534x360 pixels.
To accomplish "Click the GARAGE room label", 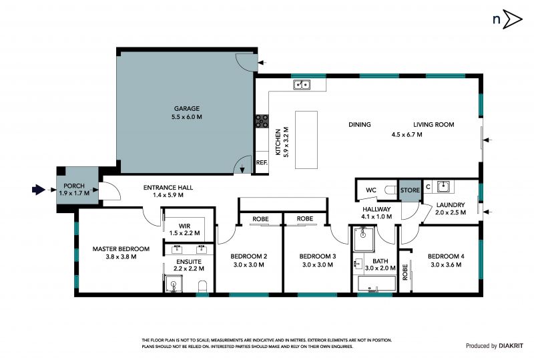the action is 187,109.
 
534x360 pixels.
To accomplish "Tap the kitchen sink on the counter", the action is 302,85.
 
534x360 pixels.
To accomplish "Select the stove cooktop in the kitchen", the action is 262,121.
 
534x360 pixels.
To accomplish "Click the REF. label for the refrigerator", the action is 262,162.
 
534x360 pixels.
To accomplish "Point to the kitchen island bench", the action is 306,140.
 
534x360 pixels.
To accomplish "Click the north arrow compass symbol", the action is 507,19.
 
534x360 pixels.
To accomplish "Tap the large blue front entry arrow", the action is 39,190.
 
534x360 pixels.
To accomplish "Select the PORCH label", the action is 74,186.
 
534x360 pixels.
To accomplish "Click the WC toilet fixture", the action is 390,190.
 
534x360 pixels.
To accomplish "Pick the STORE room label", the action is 410,190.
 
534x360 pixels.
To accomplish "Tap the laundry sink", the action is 443,186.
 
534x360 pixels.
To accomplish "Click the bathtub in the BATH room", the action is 376,284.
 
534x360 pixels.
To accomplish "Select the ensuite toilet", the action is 203,287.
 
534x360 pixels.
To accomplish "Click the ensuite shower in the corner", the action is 174,283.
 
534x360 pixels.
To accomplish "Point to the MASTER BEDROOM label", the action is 121,249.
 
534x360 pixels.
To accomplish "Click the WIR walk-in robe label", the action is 185,226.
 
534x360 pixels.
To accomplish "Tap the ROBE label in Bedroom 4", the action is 405,272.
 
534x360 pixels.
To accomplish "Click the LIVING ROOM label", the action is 433,125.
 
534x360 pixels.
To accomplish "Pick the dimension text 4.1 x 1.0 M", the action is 376,216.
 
